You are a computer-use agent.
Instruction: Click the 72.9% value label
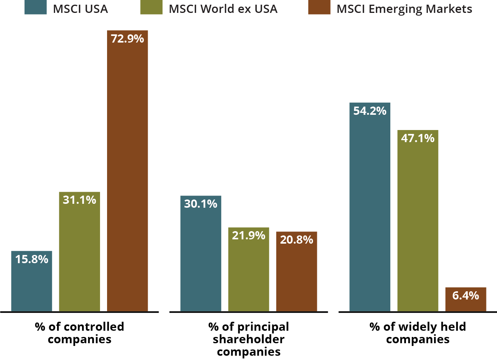tap(127, 39)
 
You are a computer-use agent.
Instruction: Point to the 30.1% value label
tap(200, 203)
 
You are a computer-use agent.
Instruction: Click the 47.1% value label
tap(418, 138)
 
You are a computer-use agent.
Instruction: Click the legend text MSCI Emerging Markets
tap(404, 9)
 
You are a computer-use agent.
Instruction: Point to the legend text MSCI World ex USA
tap(223, 9)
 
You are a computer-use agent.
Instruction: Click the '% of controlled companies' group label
tap(79, 333)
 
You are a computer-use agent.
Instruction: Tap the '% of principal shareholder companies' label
tap(248, 339)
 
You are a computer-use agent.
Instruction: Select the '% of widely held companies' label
tap(418, 333)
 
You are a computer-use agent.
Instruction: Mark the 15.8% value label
tap(32, 259)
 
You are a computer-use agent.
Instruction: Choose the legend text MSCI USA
tap(81, 9)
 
